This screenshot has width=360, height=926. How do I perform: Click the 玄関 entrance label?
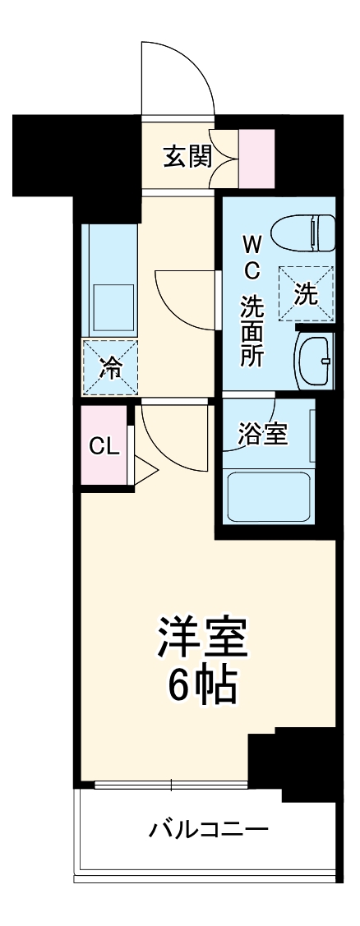[x=187, y=155]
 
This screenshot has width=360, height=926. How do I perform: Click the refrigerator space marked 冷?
[x=109, y=366]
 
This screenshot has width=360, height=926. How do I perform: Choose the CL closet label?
[x=104, y=447]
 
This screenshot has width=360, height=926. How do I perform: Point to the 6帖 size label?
[x=203, y=684]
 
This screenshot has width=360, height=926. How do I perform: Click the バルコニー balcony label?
[x=208, y=829]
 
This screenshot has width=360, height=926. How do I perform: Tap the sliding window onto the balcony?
[x=171, y=784]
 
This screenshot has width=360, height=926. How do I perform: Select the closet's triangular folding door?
[x=145, y=472]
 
